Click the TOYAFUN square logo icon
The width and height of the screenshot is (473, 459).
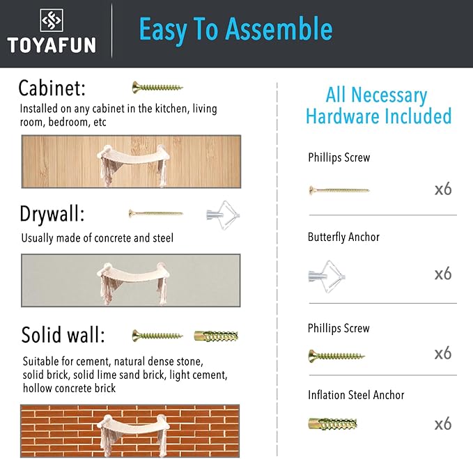pyautogui.click(x=52, y=20)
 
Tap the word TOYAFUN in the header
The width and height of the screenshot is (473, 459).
pyautogui.click(x=52, y=45)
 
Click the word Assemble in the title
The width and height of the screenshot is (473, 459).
pyautogui.click(x=279, y=29)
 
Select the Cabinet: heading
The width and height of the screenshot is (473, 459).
pyautogui.click(x=52, y=88)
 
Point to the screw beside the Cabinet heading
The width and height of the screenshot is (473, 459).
pyautogui.click(x=157, y=88)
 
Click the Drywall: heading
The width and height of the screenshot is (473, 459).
pyautogui.click(x=52, y=214)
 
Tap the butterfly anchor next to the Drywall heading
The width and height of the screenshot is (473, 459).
pyautogui.click(x=223, y=215)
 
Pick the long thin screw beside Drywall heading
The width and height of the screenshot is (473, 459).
pyautogui.click(x=155, y=214)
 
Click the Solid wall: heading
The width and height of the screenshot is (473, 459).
pyautogui.click(x=63, y=335)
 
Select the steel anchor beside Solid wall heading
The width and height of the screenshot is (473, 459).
pyautogui.click(x=216, y=336)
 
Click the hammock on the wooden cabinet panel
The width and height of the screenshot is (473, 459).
pyautogui.click(x=131, y=164)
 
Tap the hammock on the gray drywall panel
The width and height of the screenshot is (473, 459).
pyautogui.click(x=131, y=283)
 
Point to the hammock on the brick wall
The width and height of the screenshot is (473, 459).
pyautogui.click(x=131, y=435)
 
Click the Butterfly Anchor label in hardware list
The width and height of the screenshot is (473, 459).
pyautogui.click(x=343, y=237)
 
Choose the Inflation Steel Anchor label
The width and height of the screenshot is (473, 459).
pyautogui.click(x=356, y=395)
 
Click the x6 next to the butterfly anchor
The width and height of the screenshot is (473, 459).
pyautogui.click(x=443, y=274)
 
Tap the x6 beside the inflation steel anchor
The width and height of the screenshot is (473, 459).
pyautogui.click(x=443, y=423)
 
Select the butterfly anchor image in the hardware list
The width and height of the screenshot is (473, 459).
pyautogui.click(x=327, y=277)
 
